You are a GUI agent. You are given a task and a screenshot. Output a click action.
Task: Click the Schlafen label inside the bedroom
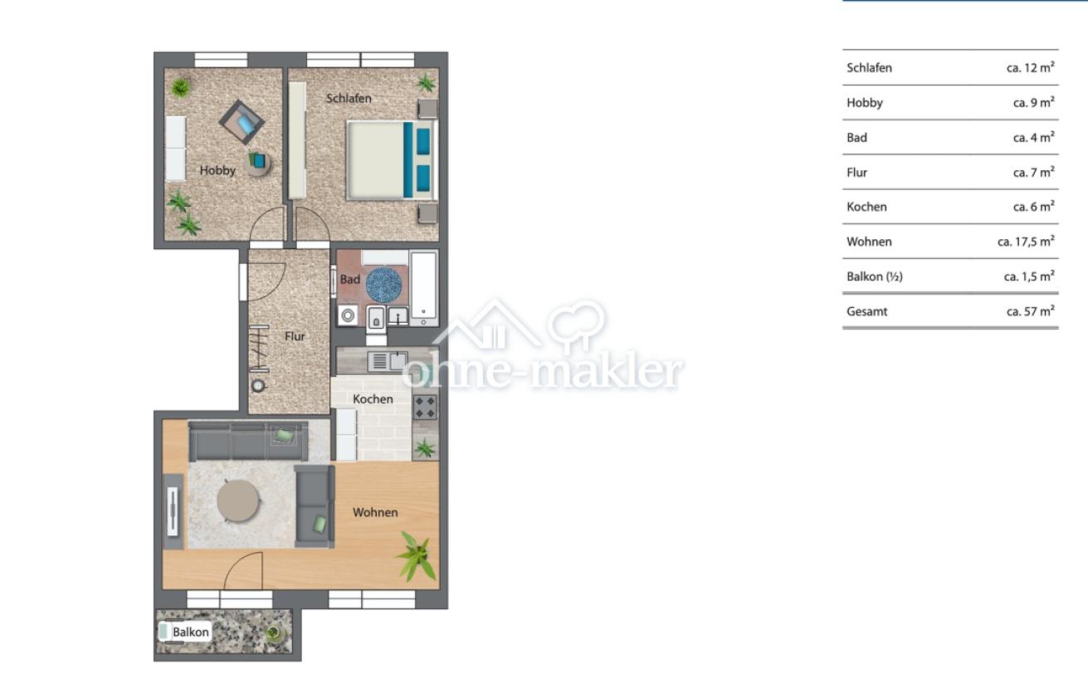click(349, 98)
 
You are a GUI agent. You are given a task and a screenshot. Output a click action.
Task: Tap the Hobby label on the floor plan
click(217, 170)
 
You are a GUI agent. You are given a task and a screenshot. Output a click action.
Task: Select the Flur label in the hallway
click(295, 336)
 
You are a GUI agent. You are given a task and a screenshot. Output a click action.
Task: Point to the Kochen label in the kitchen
click(373, 399)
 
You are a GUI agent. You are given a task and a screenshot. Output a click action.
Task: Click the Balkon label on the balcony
click(190, 633)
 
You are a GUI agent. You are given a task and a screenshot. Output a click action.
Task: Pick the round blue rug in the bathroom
click(383, 284)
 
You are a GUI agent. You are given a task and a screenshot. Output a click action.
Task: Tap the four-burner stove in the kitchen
click(425, 408)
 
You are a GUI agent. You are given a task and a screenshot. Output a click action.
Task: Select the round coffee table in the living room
click(238, 501)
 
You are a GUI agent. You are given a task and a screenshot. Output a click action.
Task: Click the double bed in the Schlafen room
click(392, 160)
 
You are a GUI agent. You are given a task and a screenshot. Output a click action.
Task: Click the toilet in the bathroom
click(376, 319)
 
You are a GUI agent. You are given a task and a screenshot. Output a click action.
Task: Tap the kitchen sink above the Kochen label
click(388, 361)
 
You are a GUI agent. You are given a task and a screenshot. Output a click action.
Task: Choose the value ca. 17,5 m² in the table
click(1026, 242)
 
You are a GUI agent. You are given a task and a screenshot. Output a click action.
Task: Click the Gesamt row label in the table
click(866, 311)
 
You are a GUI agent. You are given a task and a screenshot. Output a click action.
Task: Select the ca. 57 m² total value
click(1030, 311)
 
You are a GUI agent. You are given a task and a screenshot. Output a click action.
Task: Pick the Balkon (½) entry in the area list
click(874, 276)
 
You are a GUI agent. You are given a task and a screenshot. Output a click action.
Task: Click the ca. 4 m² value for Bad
click(1033, 138)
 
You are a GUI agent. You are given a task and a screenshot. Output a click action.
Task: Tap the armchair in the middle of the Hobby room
click(242, 122)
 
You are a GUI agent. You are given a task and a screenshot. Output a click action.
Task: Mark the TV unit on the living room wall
click(173, 511)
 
